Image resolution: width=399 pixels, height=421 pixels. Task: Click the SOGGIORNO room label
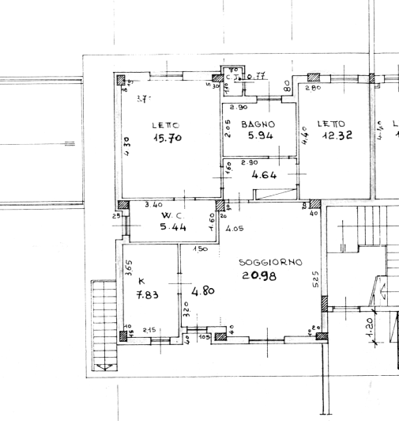click(x=271, y=262)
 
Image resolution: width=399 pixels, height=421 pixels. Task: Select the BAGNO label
click(x=258, y=124)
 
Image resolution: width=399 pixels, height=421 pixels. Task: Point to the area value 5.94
click(x=258, y=136)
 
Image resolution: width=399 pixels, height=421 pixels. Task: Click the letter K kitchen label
click(x=142, y=282)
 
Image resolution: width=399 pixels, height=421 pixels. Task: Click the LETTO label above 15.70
click(x=165, y=125)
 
